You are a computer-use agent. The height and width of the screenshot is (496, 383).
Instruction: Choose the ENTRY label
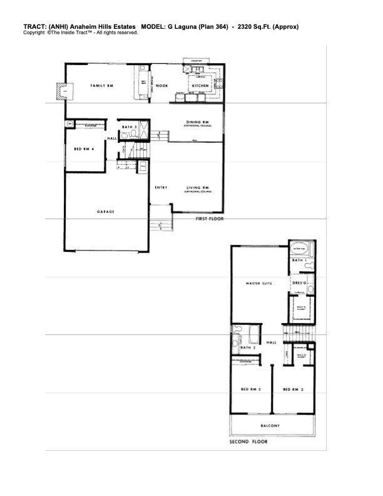pos(161,187)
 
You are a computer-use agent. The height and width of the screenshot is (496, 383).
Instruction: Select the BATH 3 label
pos(130,127)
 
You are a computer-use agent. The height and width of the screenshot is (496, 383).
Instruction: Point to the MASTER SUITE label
pos(258,284)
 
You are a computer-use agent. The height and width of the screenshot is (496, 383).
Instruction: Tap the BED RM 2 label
pos(250,390)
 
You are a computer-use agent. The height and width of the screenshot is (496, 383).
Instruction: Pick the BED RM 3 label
pos(293,390)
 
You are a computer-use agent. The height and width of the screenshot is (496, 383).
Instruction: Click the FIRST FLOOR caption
pos(209,219)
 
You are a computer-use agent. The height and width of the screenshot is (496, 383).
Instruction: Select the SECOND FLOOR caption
pos(248,442)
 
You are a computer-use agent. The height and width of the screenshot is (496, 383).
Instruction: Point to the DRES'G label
pos(300,282)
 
